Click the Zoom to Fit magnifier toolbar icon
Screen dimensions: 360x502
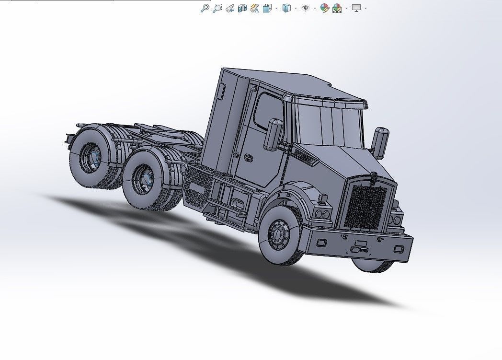pos(205,8)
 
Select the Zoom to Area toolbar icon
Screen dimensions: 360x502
pos(217,8)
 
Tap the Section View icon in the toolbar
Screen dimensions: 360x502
pos(242,8)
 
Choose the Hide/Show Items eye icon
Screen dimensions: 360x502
pos(305,8)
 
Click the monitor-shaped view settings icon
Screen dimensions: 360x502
pos(356,8)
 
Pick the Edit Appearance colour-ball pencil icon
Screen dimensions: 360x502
pos(324,8)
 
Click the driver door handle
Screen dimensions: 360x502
pos(249,158)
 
